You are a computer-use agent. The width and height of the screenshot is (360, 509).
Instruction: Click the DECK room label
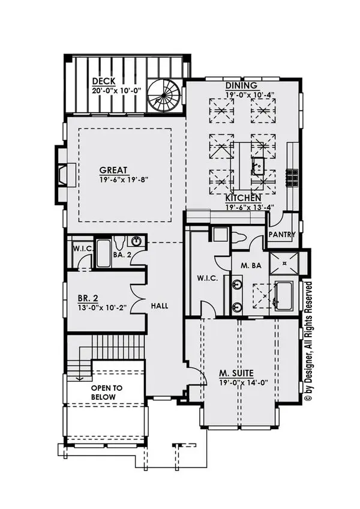(104, 81)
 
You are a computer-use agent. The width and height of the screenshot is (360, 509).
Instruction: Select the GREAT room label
(113, 170)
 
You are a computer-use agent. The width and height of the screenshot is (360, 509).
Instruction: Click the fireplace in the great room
(63, 175)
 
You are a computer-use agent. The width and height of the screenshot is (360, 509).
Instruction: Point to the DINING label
(241, 85)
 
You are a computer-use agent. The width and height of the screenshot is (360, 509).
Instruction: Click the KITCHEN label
(244, 197)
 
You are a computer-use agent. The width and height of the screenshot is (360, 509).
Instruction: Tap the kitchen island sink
(258, 166)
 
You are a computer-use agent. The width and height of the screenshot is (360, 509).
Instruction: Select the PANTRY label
(282, 234)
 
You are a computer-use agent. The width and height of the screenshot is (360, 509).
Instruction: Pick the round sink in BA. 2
(137, 241)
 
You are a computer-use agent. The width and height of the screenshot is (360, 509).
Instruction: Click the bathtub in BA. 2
(104, 253)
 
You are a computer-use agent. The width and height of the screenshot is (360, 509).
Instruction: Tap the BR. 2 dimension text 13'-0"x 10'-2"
(101, 307)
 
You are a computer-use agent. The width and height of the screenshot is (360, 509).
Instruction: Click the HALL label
(160, 306)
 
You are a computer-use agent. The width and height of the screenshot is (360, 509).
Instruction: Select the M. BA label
(251, 265)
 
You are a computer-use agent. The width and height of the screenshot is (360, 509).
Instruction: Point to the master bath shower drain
(284, 264)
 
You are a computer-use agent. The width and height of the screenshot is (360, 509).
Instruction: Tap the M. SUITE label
(236, 373)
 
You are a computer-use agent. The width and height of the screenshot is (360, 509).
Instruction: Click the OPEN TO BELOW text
(106, 392)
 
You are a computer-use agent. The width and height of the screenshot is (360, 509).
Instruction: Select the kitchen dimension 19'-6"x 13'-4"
(250, 206)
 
